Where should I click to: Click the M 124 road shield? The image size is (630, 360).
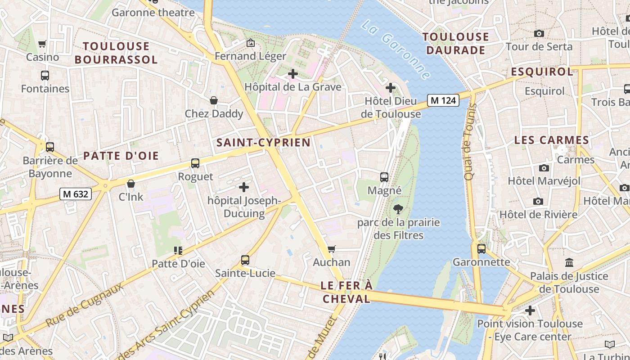tap(443, 100)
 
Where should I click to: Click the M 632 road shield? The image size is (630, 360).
tap(76, 194)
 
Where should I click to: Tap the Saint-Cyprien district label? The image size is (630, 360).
tap(264, 143)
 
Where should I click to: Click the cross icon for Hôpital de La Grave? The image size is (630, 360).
tap(293, 73)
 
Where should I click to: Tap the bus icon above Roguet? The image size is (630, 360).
tap(195, 163)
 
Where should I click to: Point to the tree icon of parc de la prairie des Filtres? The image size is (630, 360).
tap(398, 209)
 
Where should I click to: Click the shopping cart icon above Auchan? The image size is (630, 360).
tap(332, 249)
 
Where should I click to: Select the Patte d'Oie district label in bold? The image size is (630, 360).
tap(121, 156)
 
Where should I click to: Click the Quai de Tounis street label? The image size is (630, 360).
tap(470, 142)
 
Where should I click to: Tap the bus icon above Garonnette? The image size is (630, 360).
tap(481, 248)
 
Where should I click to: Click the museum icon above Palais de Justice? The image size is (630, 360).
tap(569, 262)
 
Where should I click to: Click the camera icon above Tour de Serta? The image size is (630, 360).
tap(539, 33)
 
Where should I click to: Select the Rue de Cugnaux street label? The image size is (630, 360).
tap(85, 305)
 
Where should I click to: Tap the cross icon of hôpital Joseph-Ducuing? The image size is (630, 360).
tap(244, 187)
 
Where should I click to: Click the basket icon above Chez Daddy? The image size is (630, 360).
tap(214, 100)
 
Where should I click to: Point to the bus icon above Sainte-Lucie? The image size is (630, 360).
tap(245, 260)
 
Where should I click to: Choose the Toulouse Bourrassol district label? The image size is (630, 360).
tap(116, 53)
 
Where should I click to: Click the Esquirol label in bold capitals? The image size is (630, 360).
tap(542, 72)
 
